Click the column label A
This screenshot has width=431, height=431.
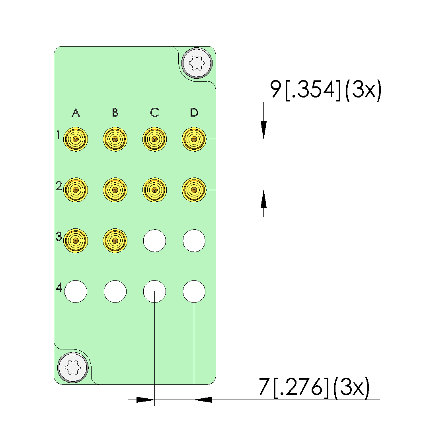(76, 113)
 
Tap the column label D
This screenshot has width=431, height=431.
(194, 113)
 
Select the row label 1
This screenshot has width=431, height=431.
(58, 135)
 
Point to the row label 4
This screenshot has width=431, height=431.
(59, 287)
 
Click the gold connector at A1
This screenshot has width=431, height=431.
(76, 139)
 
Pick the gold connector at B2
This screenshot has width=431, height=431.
(115, 190)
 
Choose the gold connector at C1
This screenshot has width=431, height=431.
(154, 139)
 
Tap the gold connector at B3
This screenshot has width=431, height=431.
(115, 241)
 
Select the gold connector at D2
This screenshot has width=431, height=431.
(194, 190)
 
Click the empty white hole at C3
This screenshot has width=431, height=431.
(154, 241)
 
